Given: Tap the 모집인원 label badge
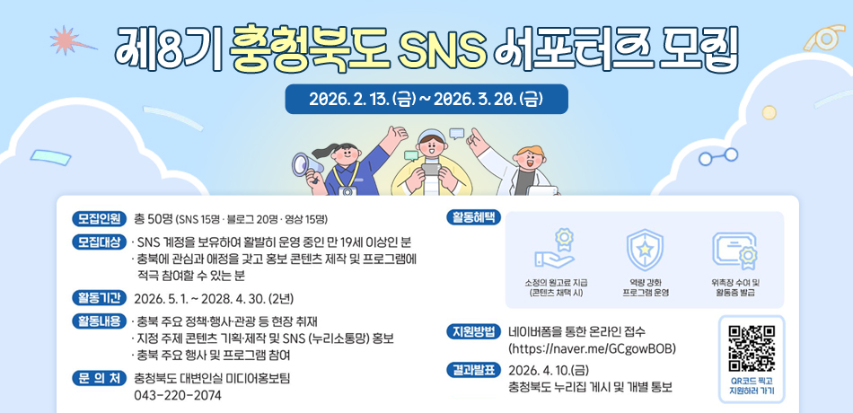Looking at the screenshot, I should [100, 218].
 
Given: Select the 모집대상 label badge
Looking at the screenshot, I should [100, 242].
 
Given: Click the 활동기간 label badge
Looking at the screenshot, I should [100, 298].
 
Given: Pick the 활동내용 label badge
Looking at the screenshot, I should [100, 321].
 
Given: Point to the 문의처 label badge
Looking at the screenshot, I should [100, 378].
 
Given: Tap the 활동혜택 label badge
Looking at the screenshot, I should [473, 218].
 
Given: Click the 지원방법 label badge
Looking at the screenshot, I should [473, 331].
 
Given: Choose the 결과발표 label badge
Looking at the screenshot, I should [473, 370].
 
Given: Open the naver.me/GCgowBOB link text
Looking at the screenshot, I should [592, 348].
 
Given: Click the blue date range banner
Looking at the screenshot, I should [426, 99].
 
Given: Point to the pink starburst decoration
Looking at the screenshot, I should [65, 40].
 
